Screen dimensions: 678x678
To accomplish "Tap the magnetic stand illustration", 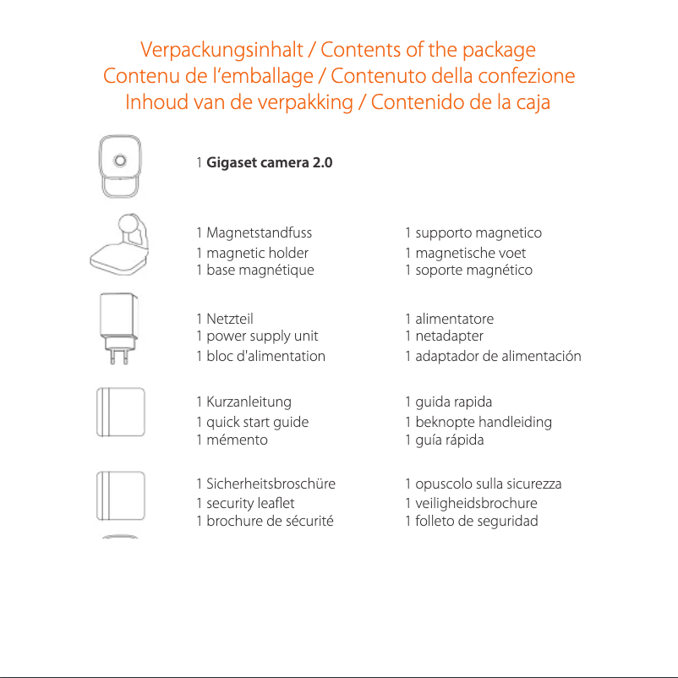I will point(120,245).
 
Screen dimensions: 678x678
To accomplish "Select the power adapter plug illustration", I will point(118,330).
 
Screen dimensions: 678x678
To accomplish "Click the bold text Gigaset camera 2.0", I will point(270,161).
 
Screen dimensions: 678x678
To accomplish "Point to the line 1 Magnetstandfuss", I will point(254,232).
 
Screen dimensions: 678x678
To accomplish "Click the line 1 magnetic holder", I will point(252,253).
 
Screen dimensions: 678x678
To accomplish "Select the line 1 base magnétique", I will point(254,271).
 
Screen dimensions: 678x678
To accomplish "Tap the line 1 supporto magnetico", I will point(473,232).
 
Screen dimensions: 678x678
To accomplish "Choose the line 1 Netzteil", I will point(224,320).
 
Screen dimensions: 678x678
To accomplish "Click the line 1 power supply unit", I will point(257,336).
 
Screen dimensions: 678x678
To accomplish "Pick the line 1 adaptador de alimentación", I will point(492,356).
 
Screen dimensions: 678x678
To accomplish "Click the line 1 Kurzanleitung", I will point(243,402).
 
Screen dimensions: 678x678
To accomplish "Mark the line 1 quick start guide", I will point(252,422).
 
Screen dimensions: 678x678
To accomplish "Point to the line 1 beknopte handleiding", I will point(478,422).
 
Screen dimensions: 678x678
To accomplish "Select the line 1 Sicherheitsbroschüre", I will point(265,484).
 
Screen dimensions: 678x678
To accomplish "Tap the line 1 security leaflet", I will point(245,503).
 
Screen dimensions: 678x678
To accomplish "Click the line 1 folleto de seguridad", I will point(471,521).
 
